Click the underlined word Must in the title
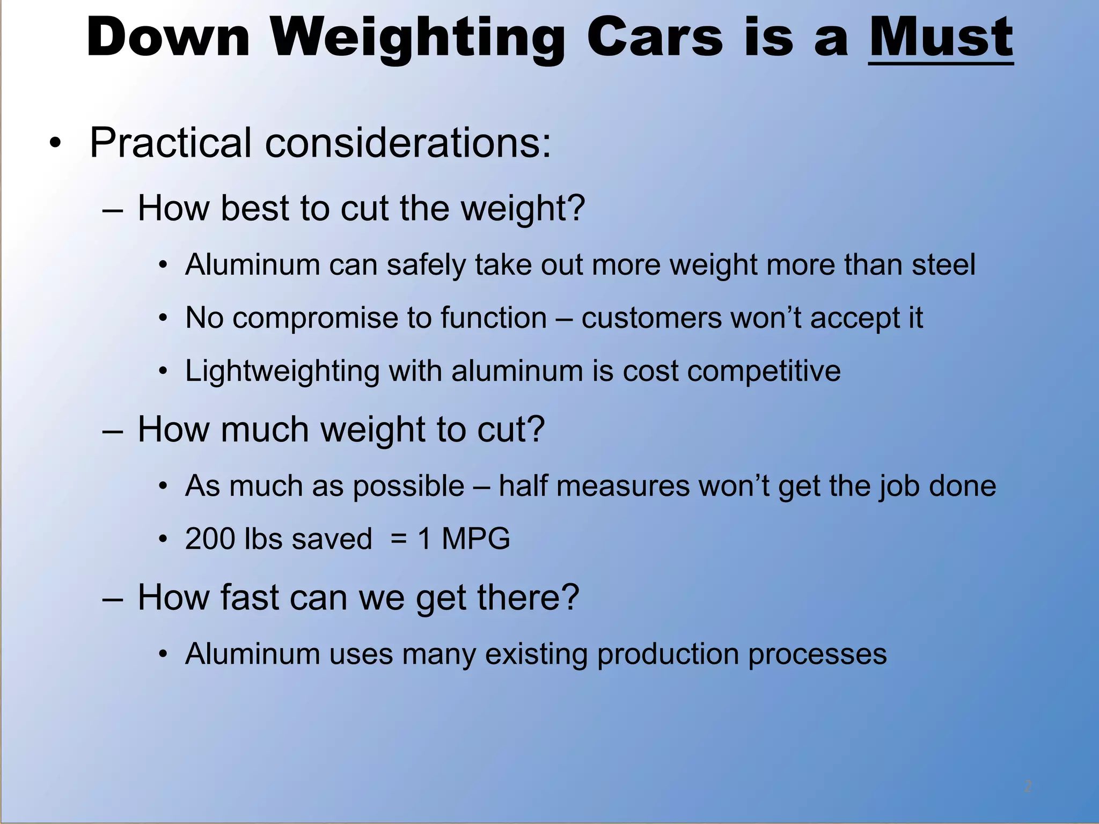[941, 38]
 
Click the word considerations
[408, 143]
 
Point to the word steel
[943, 264]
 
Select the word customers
[651, 318]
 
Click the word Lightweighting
[282, 371]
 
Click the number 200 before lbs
[210, 539]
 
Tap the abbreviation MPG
[475, 539]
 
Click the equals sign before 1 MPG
[398, 539]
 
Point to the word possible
[408, 487]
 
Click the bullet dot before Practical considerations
[55, 143]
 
